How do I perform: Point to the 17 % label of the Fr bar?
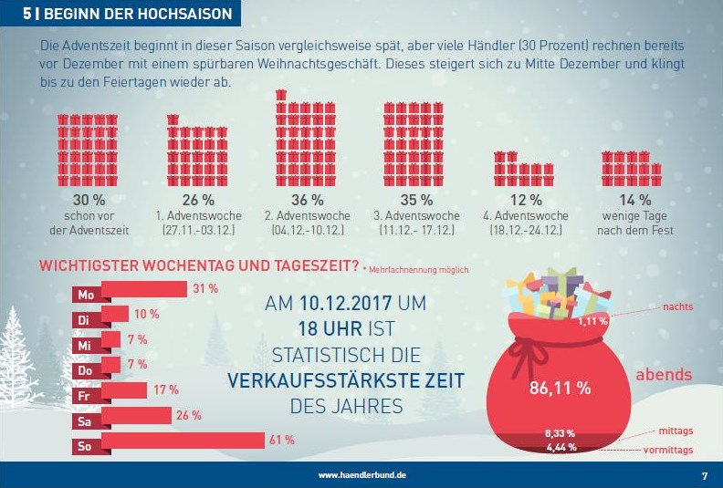pyautogui.click(x=165, y=389)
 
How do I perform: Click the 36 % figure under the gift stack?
pyautogui.click(x=307, y=200)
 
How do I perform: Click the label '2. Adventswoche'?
pyautogui.click(x=307, y=216)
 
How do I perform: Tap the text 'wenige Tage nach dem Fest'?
pyautogui.click(x=634, y=223)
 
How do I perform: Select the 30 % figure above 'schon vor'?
pyautogui.click(x=88, y=200)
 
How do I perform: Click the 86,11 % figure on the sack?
pyautogui.click(x=560, y=388)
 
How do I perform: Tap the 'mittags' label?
pyautogui.click(x=676, y=431)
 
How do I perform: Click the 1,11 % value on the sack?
pyautogui.click(x=593, y=321)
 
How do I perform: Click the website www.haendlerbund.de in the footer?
pyautogui.click(x=362, y=475)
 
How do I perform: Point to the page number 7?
pyautogui.click(x=704, y=475)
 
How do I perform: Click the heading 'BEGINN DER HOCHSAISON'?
pyautogui.click(x=139, y=15)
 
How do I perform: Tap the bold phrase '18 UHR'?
pyautogui.click(x=327, y=328)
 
